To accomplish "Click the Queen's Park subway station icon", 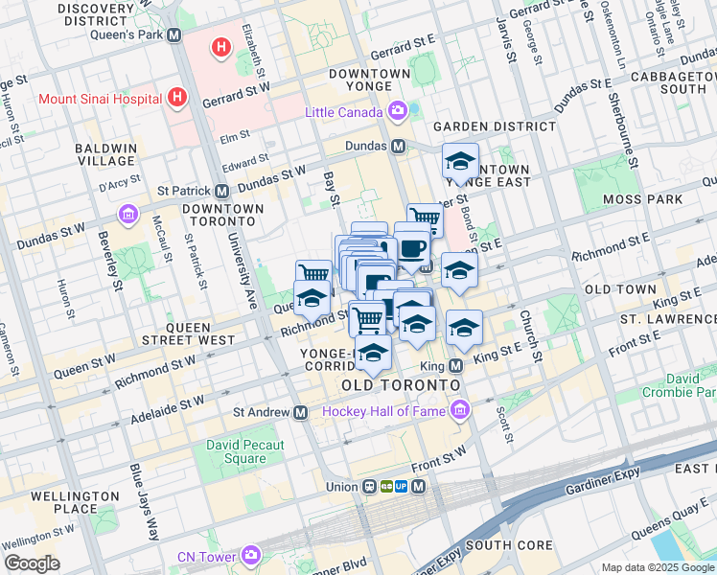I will (173, 34).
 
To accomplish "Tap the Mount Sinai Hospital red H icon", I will (176, 97).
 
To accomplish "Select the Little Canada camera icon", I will (398, 112).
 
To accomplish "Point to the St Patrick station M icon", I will (221, 190).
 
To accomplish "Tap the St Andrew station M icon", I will (301, 412).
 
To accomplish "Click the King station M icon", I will (455, 365).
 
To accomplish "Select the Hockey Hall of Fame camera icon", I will (461, 411).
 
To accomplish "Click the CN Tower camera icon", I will (250, 555).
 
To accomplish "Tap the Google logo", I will (32, 563).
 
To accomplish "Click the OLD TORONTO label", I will (401, 385).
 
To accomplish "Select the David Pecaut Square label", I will (245, 451).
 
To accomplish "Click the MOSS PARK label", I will (642, 199).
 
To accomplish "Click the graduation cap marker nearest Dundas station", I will (460, 161).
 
